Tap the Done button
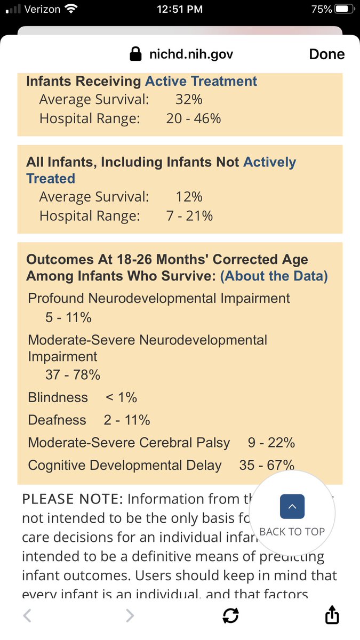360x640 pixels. pyautogui.click(x=326, y=54)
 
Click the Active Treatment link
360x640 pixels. pyautogui.click(x=201, y=81)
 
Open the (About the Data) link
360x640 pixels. pyautogui.click(x=274, y=276)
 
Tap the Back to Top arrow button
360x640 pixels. pyautogui.click(x=292, y=507)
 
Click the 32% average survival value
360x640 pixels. pyautogui.click(x=189, y=99)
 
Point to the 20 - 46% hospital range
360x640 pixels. pyautogui.click(x=193, y=118)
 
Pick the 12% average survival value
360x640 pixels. pyautogui.click(x=189, y=197)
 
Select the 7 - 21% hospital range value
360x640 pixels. pyautogui.click(x=189, y=215)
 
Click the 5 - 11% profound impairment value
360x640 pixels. pyautogui.click(x=68, y=317)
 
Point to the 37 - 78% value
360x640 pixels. pyautogui.click(x=73, y=374)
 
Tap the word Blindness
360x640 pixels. pyautogui.click(x=58, y=397)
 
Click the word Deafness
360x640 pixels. pyautogui.click(x=57, y=420)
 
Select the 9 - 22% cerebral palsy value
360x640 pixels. pyautogui.click(x=271, y=443)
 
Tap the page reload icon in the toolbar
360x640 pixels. pyautogui.click(x=230, y=616)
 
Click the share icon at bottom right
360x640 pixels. pyautogui.click(x=332, y=615)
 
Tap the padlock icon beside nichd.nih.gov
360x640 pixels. pyautogui.click(x=135, y=54)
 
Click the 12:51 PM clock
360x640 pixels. pyautogui.click(x=180, y=9)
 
